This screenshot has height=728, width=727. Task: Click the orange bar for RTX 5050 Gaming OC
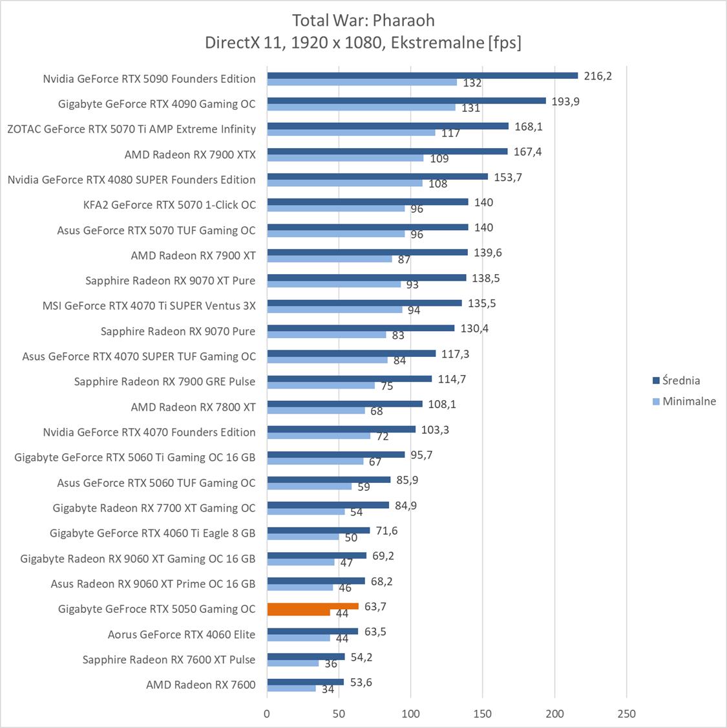click(x=313, y=606)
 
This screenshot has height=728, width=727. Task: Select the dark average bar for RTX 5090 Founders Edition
click(x=423, y=75)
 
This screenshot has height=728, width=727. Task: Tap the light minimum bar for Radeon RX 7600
click(x=291, y=688)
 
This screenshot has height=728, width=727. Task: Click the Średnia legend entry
click(x=676, y=380)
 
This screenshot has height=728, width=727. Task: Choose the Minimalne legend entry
click(x=684, y=401)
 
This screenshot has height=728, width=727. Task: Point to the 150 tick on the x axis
click(x=483, y=714)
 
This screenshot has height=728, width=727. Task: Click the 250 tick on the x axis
click(x=626, y=714)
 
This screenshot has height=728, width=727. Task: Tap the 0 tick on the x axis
click(x=267, y=714)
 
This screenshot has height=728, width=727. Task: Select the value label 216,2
click(x=597, y=76)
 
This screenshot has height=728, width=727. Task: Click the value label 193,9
click(x=565, y=101)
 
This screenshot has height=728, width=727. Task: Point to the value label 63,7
click(x=375, y=606)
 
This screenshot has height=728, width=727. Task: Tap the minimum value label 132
click(x=472, y=83)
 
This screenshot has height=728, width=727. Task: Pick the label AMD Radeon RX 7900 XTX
click(x=190, y=155)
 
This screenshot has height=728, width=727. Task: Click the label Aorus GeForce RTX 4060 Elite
click(x=182, y=634)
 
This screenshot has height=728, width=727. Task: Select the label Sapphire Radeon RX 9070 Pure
click(x=178, y=331)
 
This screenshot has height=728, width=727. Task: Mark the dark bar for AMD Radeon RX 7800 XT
click(x=344, y=403)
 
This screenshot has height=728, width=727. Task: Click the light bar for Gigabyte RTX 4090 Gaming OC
click(x=361, y=107)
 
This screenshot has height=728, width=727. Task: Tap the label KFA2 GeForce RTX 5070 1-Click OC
click(x=169, y=205)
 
